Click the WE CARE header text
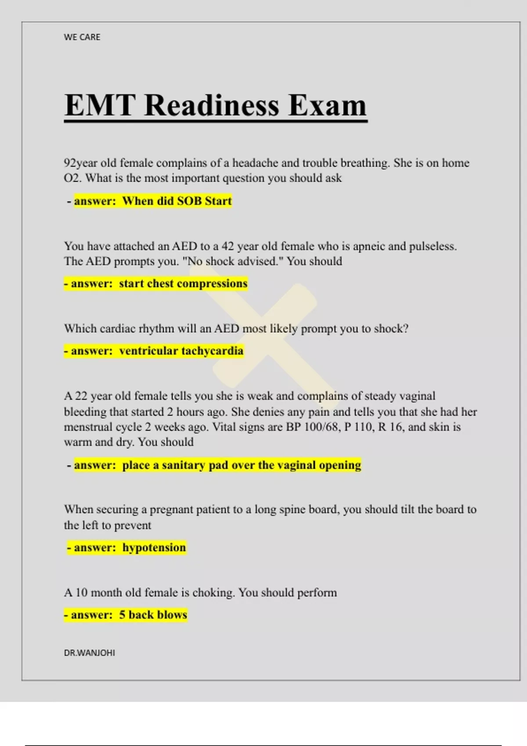(82, 37)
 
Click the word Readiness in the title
(212, 105)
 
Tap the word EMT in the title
(100, 105)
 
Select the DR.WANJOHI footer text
(90, 653)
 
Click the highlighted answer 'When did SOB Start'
(177, 201)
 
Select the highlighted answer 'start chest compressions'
(183, 284)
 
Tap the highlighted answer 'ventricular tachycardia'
(181, 351)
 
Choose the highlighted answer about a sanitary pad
(241, 465)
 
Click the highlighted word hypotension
(154, 548)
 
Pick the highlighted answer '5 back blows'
(153, 615)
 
